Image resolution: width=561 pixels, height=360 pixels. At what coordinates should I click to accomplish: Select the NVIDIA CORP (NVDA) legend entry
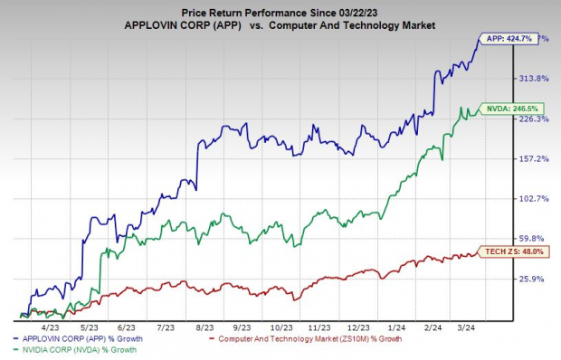coord(88,350)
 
